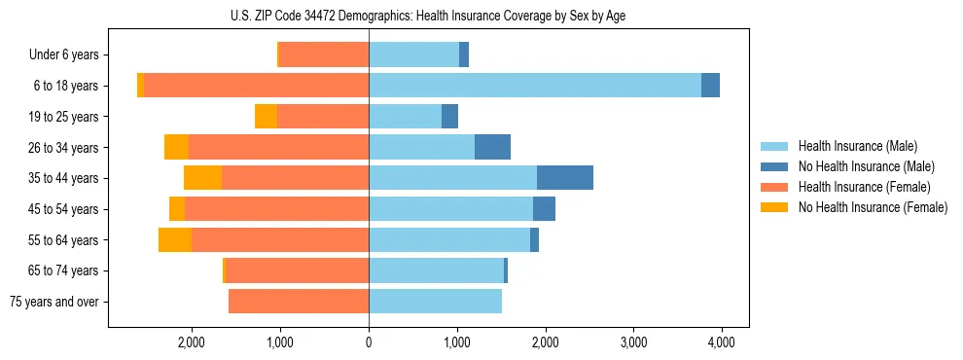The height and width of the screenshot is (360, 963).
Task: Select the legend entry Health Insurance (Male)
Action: [857, 146]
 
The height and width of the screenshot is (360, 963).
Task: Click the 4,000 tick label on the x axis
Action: [721, 342]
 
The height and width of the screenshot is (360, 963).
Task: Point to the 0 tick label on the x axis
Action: [369, 342]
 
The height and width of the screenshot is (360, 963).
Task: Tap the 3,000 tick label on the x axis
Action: [633, 342]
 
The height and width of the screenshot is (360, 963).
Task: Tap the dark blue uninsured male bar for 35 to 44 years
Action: [565, 178]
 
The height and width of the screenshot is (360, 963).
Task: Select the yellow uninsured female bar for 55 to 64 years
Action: [175, 239]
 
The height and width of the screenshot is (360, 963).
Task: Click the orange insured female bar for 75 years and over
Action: [299, 302]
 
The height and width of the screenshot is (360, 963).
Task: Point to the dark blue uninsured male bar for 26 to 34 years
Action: [492, 147]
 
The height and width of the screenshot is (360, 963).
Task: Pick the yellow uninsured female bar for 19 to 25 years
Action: [266, 117]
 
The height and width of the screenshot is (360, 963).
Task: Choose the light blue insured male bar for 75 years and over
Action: [435, 302]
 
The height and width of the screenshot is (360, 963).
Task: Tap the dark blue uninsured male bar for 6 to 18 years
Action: [710, 86]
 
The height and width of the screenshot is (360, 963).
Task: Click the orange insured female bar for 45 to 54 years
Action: [277, 209]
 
